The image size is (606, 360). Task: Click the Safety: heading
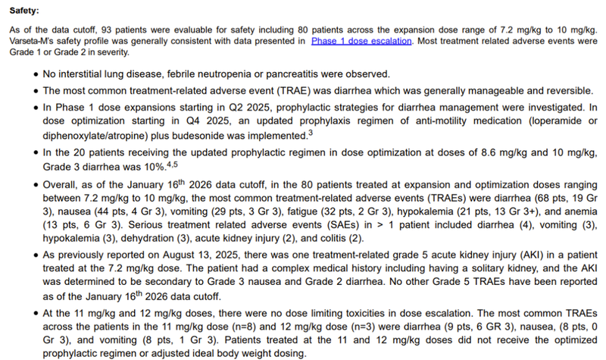click(25, 12)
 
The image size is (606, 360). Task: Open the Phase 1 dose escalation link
click(362, 41)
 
